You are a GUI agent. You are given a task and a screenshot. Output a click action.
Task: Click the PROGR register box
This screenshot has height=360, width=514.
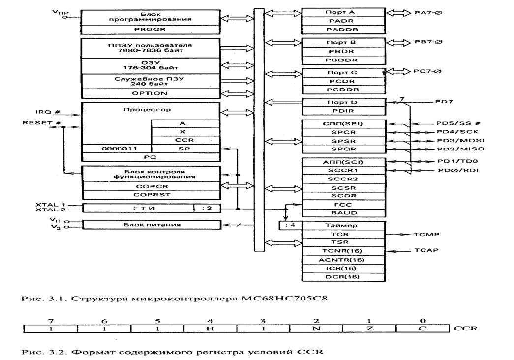(150, 30)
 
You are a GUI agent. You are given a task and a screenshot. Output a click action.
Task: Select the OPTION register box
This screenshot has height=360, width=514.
(150, 93)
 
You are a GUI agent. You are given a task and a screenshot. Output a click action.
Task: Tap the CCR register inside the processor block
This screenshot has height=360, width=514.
(185, 140)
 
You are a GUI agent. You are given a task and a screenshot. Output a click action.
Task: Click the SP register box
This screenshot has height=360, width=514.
(185, 149)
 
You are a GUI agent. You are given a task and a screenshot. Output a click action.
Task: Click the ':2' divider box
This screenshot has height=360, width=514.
(207, 208)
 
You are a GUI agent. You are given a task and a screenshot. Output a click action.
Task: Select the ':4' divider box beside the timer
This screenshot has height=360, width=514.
(290, 225)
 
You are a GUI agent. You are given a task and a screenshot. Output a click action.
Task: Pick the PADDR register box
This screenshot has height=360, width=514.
(343, 30)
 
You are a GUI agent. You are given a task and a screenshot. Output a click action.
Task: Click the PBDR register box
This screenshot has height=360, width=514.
(343, 52)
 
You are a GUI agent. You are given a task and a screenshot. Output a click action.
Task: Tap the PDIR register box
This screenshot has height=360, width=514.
(343, 111)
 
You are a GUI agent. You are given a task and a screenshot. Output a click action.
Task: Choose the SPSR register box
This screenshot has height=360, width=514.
(343, 141)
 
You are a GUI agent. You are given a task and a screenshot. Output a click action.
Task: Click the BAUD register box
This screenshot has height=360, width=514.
(343, 213)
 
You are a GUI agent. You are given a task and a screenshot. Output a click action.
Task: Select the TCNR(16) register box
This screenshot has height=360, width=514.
(343, 251)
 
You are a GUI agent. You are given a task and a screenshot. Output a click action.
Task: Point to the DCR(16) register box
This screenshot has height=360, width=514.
(343, 277)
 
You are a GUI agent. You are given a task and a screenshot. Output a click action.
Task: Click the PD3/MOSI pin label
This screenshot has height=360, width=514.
(460, 140)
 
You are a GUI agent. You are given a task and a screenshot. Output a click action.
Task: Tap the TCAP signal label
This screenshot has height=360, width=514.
(426, 250)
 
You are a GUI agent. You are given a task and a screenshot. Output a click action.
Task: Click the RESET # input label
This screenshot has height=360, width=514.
(42, 123)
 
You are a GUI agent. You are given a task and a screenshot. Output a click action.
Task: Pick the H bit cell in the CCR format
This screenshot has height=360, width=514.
(211, 329)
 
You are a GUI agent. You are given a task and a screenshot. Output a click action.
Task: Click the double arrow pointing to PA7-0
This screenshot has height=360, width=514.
(398, 13)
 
